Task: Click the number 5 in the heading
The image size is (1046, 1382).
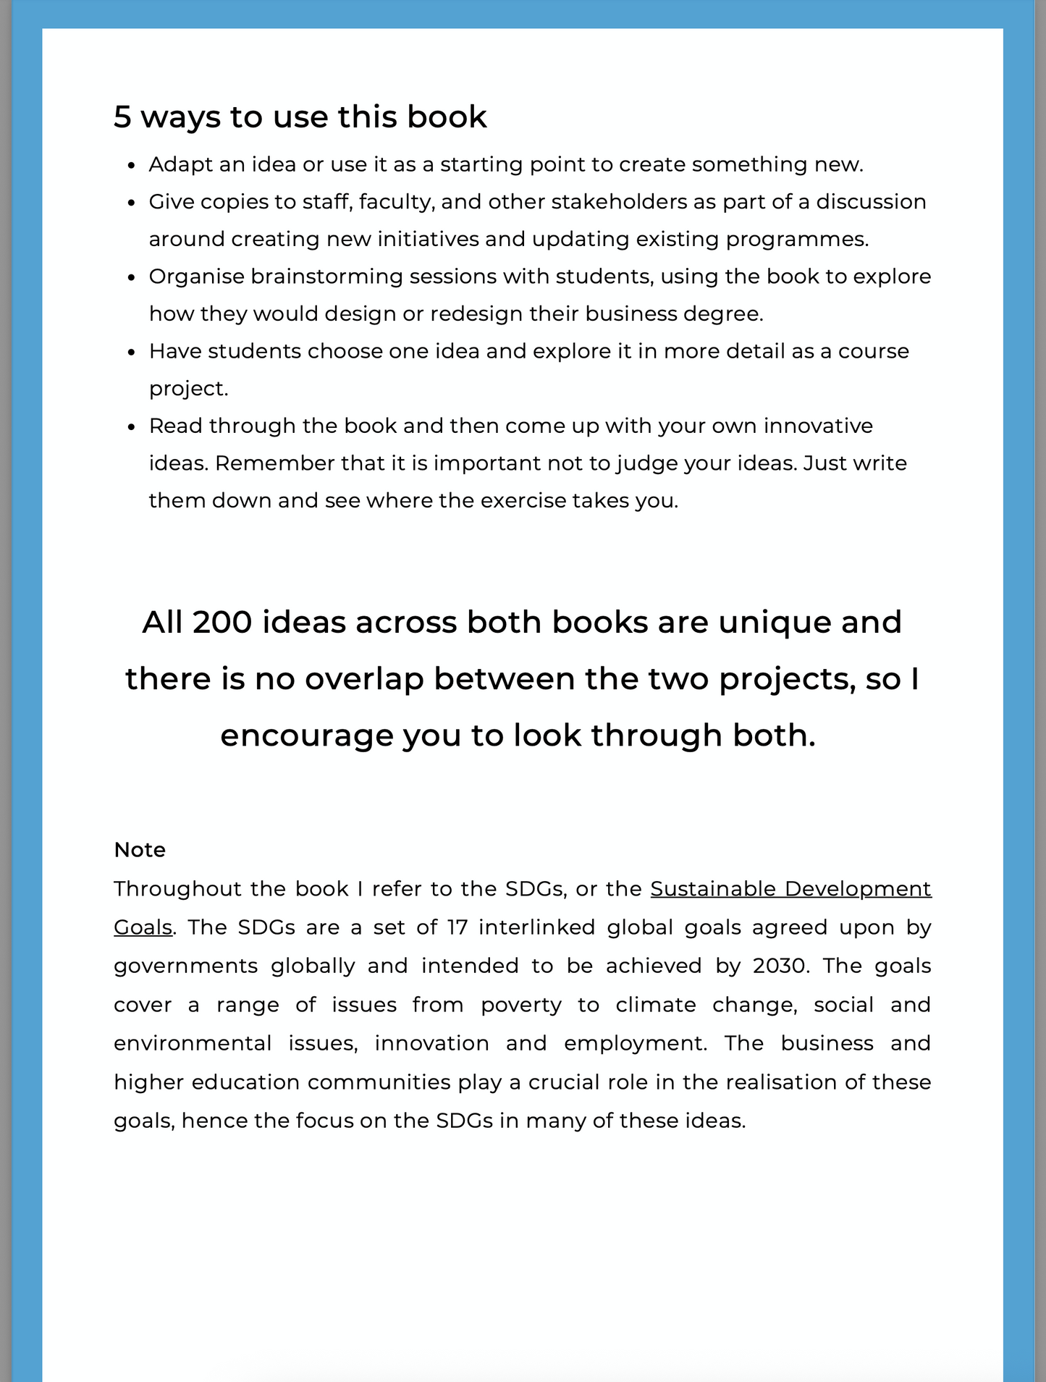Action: click(122, 117)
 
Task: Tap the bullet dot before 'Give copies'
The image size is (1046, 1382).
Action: click(131, 203)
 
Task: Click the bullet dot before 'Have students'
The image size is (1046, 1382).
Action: click(131, 353)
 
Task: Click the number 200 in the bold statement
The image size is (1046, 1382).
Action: click(222, 623)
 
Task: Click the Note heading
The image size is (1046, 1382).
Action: click(140, 850)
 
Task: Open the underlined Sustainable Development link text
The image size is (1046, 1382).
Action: click(790, 889)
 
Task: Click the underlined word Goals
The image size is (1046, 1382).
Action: click(143, 927)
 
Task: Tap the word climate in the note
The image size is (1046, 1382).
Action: click(656, 1005)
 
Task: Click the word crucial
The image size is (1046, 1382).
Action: click(570, 1082)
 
